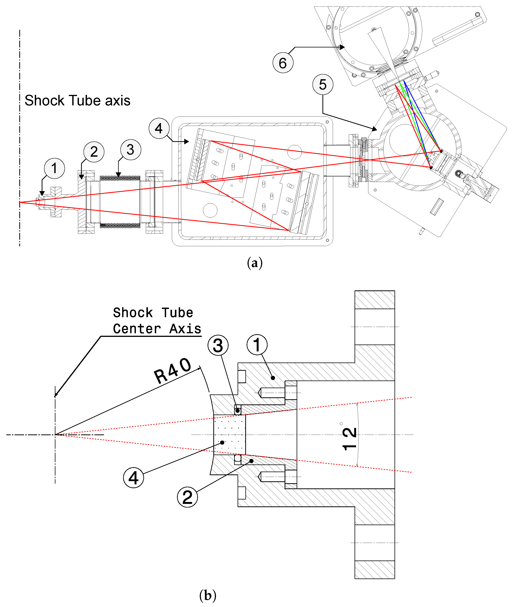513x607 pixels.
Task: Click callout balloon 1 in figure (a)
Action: [x=54, y=168]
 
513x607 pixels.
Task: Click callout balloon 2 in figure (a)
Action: [x=94, y=152]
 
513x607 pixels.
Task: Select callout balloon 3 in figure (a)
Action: [x=131, y=150]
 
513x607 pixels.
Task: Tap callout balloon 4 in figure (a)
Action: [x=159, y=128]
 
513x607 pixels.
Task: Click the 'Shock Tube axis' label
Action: [x=77, y=100]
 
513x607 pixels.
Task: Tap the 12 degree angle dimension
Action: [x=349, y=439]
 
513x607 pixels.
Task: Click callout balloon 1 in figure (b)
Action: [x=257, y=345]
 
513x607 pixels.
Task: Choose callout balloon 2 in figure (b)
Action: [x=187, y=497]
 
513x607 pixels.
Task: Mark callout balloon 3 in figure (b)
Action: [x=218, y=345]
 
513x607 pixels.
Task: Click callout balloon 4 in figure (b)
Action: [x=133, y=478]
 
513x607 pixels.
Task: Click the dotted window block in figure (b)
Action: [x=229, y=434]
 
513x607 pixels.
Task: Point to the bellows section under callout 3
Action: [x=120, y=202]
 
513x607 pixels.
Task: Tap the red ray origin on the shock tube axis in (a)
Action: [x=20, y=202]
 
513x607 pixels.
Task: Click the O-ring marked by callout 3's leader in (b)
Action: [x=238, y=411]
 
